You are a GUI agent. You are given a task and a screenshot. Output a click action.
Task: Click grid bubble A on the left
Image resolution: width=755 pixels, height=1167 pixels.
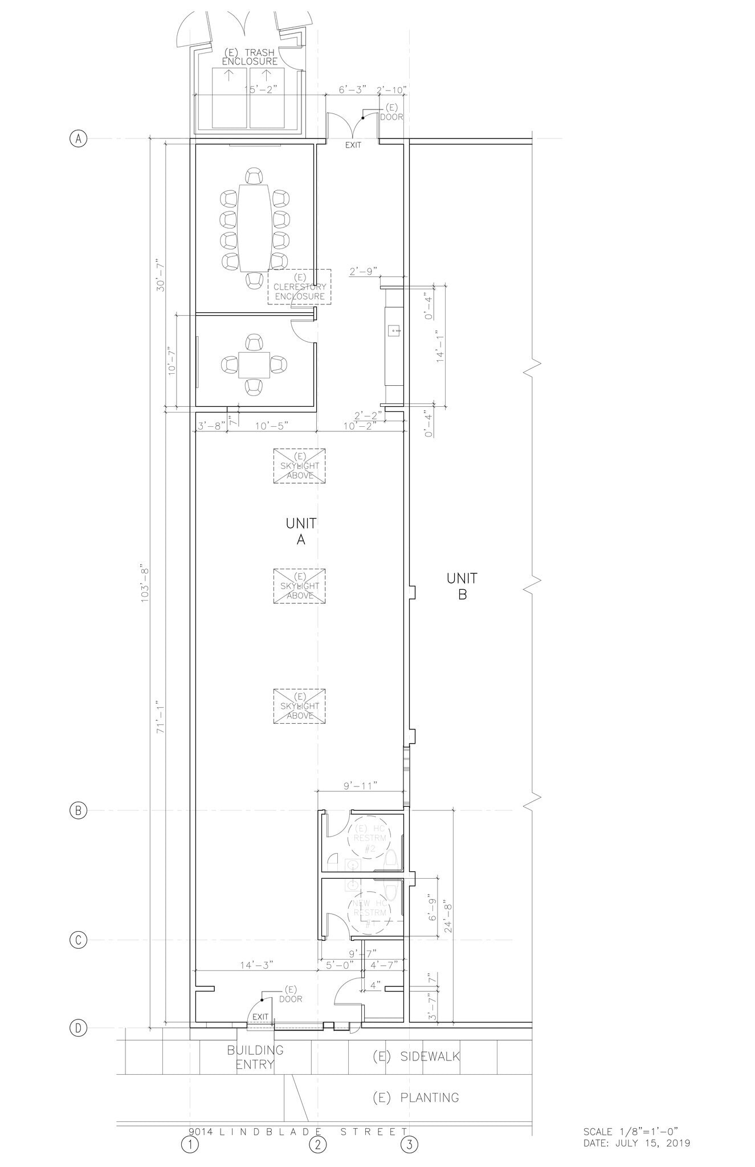pyautogui.click(x=78, y=138)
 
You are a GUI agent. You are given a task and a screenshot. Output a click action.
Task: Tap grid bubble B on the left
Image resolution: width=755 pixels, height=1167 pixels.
pyautogui.click(x=78, y=810)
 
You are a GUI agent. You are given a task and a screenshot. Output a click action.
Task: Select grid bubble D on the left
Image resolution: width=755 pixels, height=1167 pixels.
pyautogui.click(x=78, y=1028)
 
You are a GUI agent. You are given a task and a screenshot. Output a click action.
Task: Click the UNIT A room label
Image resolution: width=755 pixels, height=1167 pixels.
pyautogui.click(x=301, y=531)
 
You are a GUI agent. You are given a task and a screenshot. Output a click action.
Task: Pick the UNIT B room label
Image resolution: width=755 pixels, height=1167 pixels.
pyautogui.click(x=462, y=586)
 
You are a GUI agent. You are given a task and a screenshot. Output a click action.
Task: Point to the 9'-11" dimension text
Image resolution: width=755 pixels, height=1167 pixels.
pyautogui.click(x=361, y=786)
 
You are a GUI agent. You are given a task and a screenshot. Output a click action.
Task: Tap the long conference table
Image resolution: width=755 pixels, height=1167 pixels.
pyautogui.click(x=254, y=227)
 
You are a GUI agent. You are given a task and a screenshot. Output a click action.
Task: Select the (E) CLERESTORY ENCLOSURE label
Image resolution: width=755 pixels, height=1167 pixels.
pyautogui.click(x=299, y=287)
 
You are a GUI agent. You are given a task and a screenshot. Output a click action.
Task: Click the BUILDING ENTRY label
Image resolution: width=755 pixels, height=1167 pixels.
pyautogui.click(x=255, y=1057)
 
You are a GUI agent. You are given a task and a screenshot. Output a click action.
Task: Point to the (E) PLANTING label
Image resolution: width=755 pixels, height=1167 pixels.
pyautogui.click(x=416, y=1097)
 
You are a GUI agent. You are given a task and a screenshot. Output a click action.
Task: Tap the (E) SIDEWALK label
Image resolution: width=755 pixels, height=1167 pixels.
pyautogui.click(x=417, y=1056)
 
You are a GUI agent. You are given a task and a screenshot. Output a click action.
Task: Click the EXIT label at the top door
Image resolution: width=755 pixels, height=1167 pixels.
pyautogui.click(x=353, y=145)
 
